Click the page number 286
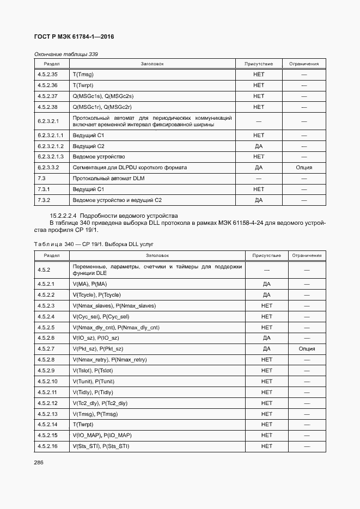pyautogui.click(x=39, y=462)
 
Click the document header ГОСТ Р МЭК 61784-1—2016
pyautogui.click(x=74, y=36)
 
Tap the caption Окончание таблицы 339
pyautogui.click(x=66, y=54)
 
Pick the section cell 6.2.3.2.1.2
pyautogui.click(x=51, y=146)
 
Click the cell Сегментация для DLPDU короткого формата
pyautogui.click(x=130, y=168)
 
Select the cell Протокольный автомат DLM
pyautogui.click(x=108, y=179)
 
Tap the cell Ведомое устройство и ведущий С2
pyautogui.click(x=117, y=200)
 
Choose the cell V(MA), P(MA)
pyautogui.click(x=90, y=284)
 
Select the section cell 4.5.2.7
pyautogui.click(x=46, y=349)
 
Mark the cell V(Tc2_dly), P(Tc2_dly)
pyautogui.click(x=100, y=403)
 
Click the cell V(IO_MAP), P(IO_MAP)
pyautogui.click(x=102, y=436)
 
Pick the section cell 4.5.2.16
pyautogui.click(x=48, y=446)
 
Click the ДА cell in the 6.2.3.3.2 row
pyautogui.click(x=259, y=168)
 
